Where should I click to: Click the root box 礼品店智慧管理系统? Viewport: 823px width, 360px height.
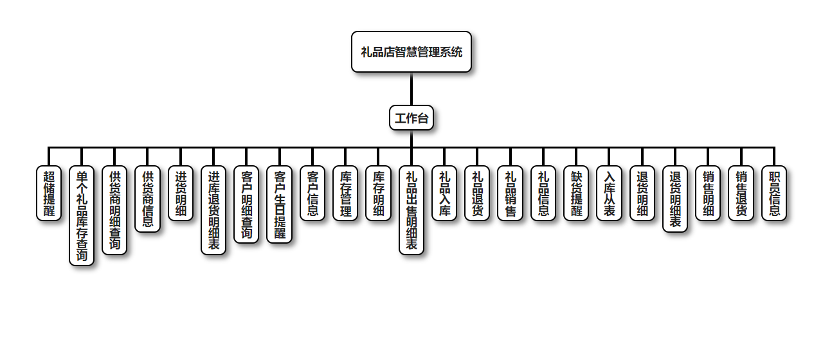click(411, 52)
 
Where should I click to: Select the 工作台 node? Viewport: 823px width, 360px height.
click(411, 118)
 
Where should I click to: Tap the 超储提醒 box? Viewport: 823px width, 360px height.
click(49, 193)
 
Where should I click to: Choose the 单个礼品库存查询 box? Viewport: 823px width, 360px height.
click(82, 215)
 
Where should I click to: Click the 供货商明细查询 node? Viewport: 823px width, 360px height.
click(115, 210)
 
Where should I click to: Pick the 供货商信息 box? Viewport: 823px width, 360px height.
click(148, 199)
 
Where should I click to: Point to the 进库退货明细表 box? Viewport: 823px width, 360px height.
click(213, 210)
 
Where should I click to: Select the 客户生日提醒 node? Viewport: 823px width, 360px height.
click(280, 204)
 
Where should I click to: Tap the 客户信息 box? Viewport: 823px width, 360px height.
click(312, 193)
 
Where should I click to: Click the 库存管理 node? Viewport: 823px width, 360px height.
click(345, 193)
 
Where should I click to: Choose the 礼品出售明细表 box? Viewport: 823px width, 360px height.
click(411, 210)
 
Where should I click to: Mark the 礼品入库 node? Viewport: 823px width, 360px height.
click(444, 193)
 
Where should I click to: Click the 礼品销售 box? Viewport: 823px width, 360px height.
click(511, 193)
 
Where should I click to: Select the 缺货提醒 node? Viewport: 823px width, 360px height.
click(576, 193)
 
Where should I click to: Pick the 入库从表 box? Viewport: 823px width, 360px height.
click(609, 193)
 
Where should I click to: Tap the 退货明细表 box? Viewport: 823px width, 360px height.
click(675, 199)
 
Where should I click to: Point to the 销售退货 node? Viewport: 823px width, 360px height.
click(741, 193)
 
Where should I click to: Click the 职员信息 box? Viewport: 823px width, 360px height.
click(774, 193)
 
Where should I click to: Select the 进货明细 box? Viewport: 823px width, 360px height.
click(181, 193)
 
